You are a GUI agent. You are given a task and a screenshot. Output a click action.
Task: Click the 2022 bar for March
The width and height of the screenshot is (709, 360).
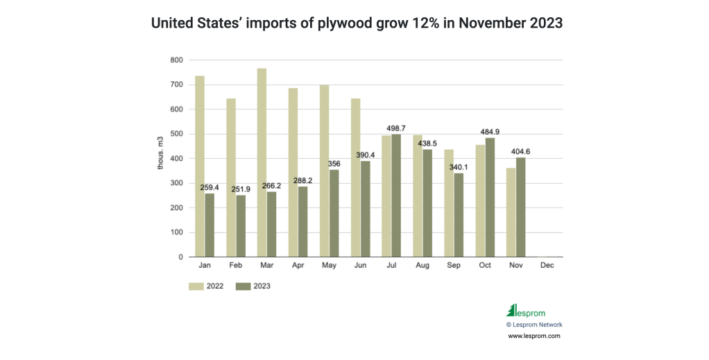262,162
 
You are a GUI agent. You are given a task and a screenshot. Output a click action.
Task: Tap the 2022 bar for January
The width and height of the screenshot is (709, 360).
200,166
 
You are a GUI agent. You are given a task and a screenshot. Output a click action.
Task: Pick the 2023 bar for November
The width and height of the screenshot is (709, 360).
521,207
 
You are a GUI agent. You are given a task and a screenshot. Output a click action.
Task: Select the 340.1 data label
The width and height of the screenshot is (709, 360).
459,167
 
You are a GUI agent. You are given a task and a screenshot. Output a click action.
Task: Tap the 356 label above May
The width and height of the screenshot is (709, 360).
334,164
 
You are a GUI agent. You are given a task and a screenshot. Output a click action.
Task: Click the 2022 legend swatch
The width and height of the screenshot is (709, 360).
196,285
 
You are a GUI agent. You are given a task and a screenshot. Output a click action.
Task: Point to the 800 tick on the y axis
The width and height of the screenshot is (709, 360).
177,60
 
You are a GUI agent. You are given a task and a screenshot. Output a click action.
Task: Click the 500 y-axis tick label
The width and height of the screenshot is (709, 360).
177,134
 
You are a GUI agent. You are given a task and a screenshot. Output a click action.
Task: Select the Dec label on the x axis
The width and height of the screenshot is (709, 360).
547,266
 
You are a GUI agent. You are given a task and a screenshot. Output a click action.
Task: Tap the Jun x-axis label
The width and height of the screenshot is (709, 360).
360,266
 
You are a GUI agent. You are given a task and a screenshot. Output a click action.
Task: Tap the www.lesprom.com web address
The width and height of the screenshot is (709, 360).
533,336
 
